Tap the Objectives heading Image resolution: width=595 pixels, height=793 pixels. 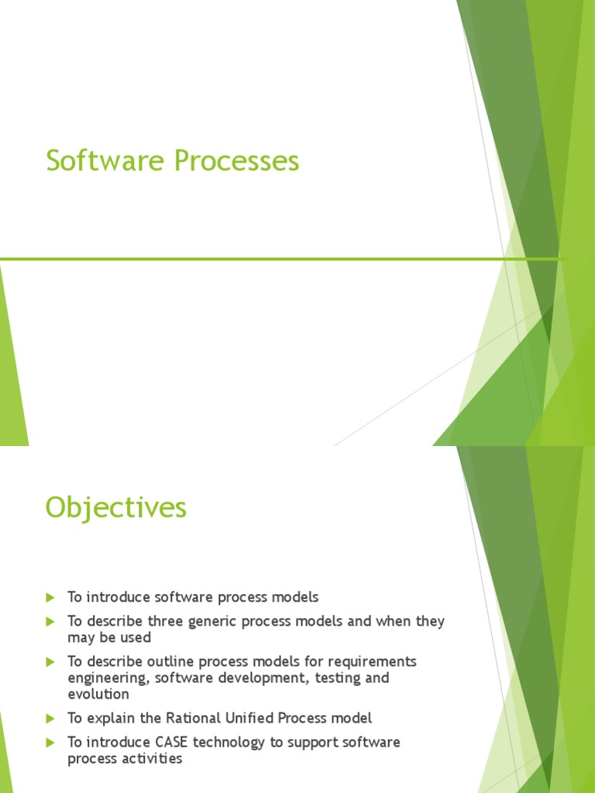pyautogui.click(x=116, y=508)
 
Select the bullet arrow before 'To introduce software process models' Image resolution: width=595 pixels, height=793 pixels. pyautogui.click(x=50, y=597)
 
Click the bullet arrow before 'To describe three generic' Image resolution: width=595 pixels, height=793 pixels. pyautogui.click(x=50, y=621)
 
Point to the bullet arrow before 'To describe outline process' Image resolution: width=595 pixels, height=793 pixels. pyautogui.click(x=50, y=661)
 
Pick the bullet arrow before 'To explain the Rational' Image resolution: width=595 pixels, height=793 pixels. pyautogui.click(x=50, y=718)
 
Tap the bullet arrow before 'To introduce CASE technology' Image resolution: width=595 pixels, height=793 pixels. pyautogui.click(x=50, y=742)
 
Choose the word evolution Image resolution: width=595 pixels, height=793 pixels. pyautogui.click(x=98, y=694)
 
